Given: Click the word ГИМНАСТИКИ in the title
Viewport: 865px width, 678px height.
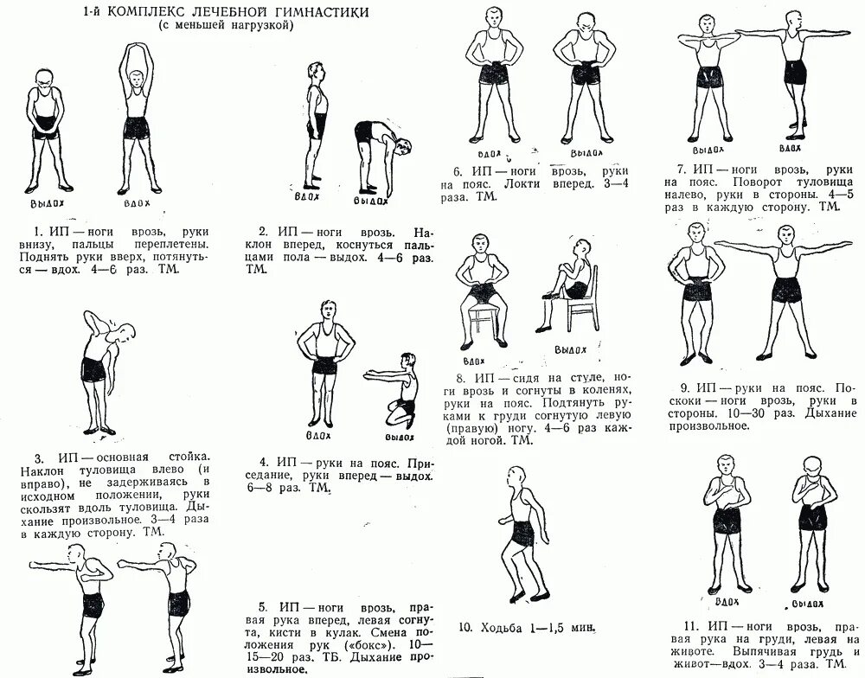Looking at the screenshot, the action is click(x=321, y=12).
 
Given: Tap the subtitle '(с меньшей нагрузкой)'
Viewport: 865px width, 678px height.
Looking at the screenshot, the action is click(x=227, y=27).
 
